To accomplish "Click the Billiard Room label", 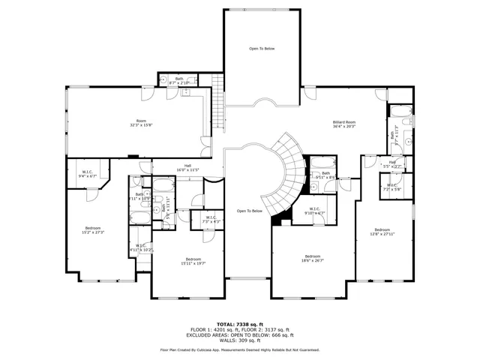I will [x=344, y=121].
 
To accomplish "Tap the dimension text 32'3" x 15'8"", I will [x=141, y=125].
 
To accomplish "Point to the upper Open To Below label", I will [x=262, y=49].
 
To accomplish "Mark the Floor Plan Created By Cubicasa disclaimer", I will [x=239, y=349].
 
